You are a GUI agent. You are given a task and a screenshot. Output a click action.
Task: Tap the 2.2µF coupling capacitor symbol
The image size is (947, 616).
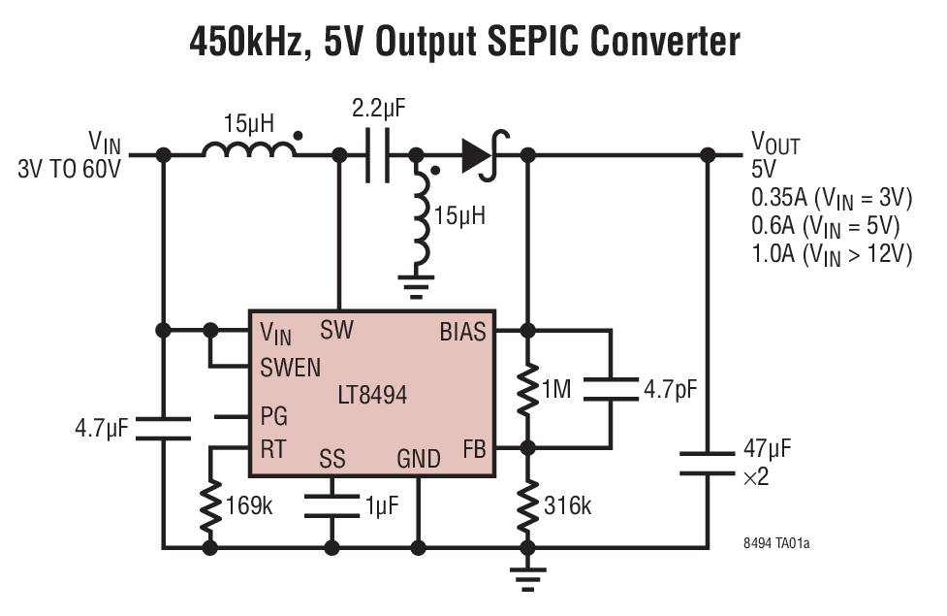coord(378,155)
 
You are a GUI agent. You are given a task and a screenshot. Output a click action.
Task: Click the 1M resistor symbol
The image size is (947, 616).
coord(528,388)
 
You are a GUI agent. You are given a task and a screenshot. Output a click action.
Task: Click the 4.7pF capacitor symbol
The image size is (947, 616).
coord(612,389)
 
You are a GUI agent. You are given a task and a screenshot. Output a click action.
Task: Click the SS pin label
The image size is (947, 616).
coord(332,458)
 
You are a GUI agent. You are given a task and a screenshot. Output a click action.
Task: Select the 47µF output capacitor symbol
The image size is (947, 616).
coord(707,462)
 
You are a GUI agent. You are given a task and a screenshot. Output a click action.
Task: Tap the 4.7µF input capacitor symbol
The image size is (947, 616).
coord(164,428)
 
